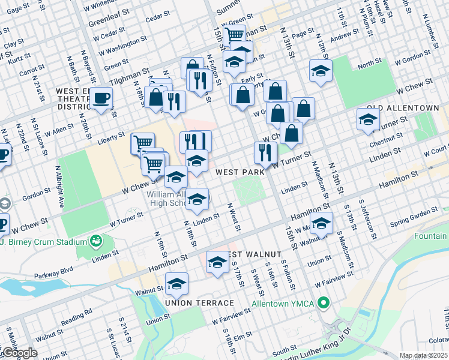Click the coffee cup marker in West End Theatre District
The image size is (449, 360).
(103, 98)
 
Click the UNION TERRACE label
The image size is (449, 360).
(191, 302)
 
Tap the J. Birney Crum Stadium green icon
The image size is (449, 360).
(95, 241)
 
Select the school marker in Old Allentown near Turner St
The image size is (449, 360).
(368, 119)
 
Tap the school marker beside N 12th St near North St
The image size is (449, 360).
(321, 71)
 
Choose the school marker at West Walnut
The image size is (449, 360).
(217, 262)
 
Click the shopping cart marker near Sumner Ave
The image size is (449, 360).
(234, 34)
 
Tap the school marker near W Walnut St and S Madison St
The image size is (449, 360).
(322, 224)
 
